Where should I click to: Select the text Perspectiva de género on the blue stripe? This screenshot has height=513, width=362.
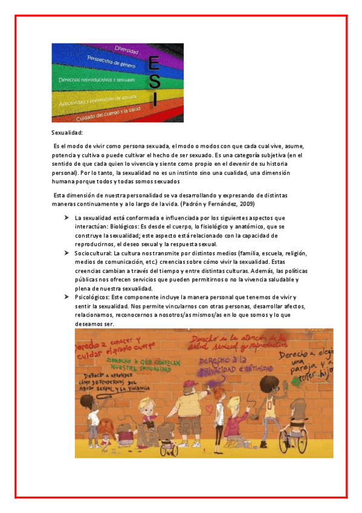110,63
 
